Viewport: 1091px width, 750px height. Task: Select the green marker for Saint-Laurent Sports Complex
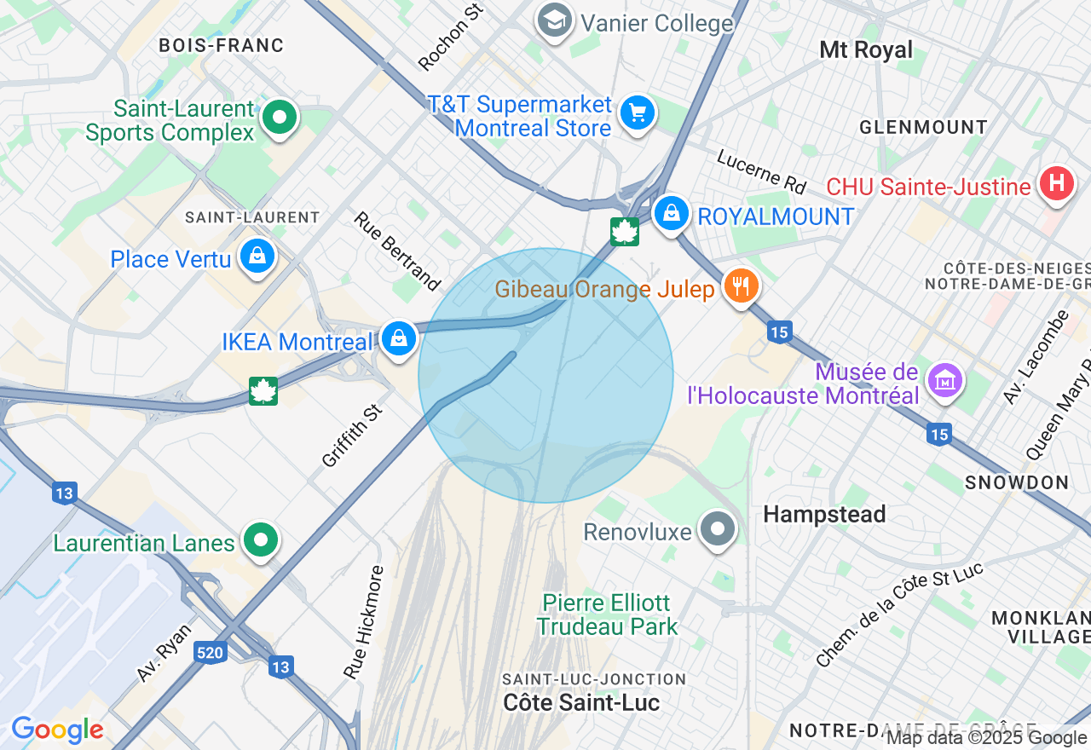click(279, 117)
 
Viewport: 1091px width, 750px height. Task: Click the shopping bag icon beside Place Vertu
click(257, 256)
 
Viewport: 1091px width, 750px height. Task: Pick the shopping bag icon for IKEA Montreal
click(398, 338)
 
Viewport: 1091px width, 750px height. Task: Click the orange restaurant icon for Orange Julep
click(741, 286)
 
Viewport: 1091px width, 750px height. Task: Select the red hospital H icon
click(1057, 183)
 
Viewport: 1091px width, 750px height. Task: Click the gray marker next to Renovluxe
click(718, 528)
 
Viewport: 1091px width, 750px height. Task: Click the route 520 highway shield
click(210, 653)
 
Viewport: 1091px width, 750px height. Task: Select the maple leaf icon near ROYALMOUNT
click(625, 231)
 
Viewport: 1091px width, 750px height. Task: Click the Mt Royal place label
click(865, 49)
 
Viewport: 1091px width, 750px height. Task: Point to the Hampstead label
click(824, 514)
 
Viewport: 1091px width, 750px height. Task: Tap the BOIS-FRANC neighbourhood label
click(221, 45)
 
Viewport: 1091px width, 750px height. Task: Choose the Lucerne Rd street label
click(761, 170)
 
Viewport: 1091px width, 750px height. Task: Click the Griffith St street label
click(350, 436)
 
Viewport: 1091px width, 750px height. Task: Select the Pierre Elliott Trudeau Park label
click(608, 614)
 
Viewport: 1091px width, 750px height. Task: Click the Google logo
click(57, 730)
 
